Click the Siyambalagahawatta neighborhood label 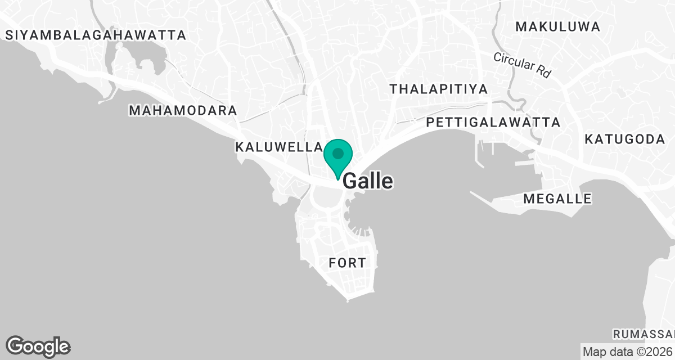(x=96, y=35)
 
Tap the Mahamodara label (x=183, y=110)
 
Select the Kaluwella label (x=278, y=147)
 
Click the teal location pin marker (x=337, y=157)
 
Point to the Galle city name (x=368, y=181)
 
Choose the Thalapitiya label (x=439, y=89)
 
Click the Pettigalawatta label (x=493, y=122)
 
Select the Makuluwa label (x=557, y=26)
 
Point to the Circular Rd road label (x=521, y=65)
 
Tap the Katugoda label (x=624, y=139)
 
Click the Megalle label (x=557, y=199)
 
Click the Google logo (x=38, y=346)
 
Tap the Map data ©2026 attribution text (x=628, y=352)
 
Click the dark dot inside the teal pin (x=337, y=153)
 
